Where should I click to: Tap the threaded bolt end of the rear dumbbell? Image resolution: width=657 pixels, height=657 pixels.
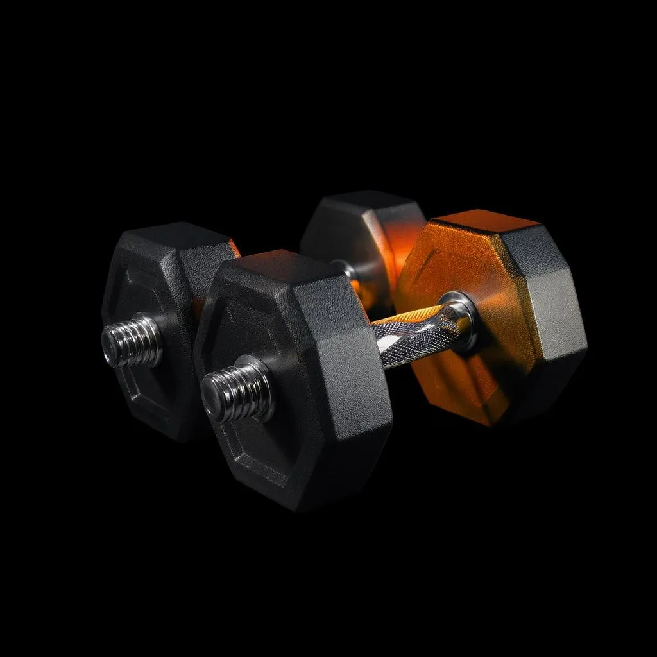132,340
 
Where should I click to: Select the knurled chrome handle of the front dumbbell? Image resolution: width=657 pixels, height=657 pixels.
411,334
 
